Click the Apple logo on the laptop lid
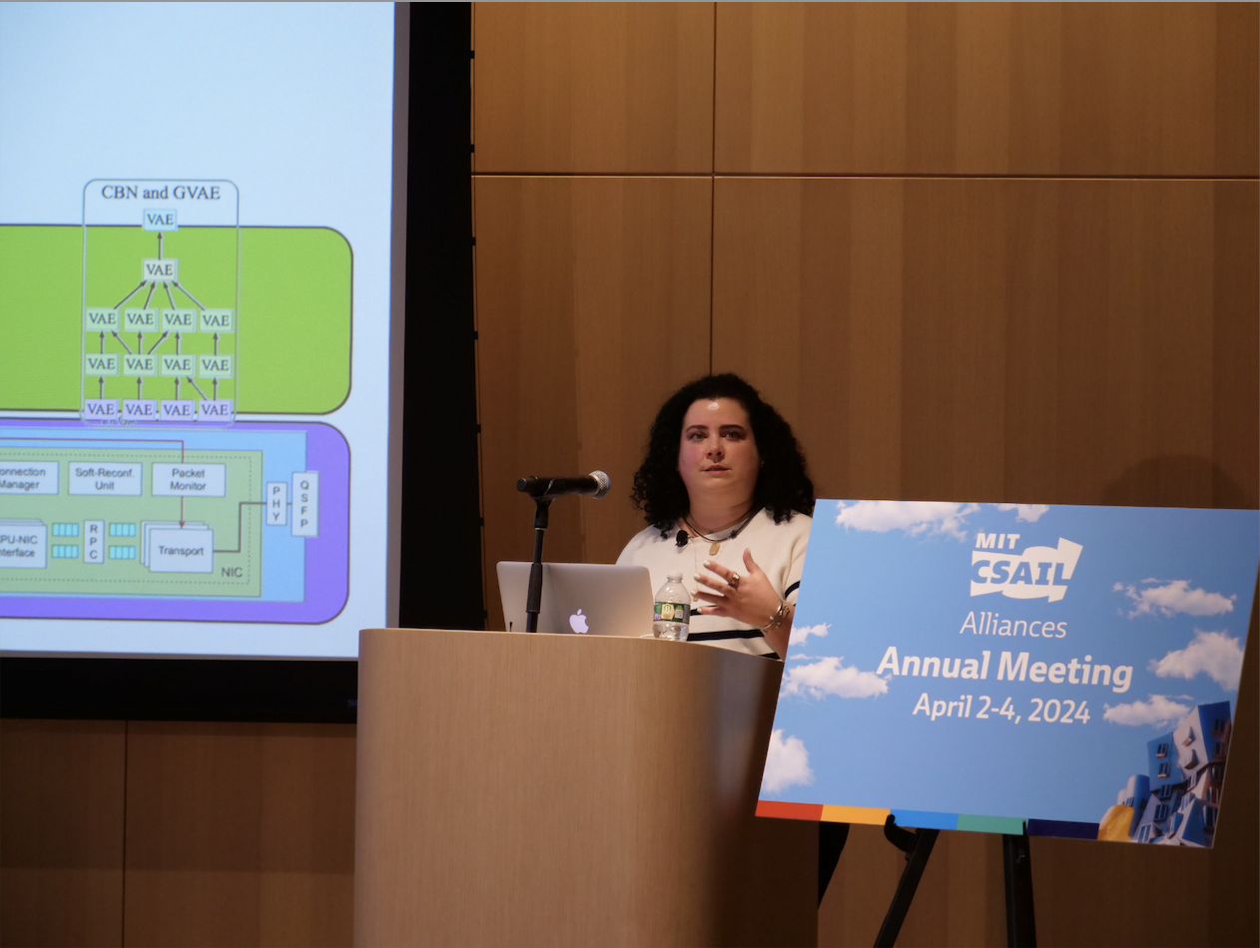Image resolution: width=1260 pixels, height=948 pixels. tap(579, 621)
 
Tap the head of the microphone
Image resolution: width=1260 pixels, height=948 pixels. tap(597, 484)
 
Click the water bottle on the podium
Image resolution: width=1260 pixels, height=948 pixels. tap(672, 609)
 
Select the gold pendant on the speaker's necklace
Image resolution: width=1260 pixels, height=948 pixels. tap(715, 547)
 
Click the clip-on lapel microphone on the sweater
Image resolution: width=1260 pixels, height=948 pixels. tap(682, 538)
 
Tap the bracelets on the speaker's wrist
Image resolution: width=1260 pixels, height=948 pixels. tap(775, 617)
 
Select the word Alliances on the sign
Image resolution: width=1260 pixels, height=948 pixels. tap(1012, 626)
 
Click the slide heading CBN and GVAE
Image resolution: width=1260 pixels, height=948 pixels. tap(160, 193)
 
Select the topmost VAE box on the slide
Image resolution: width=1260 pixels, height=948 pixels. tap(160, 219)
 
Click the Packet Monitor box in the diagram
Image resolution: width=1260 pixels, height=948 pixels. tap(188, 479)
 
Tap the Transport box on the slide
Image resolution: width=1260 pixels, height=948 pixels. tap(180, 550)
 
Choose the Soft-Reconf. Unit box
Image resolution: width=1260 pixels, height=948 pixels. tap(105, 479)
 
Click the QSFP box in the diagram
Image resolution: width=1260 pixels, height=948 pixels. tap(305, 504)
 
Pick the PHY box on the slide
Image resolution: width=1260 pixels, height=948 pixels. tap(276, 504)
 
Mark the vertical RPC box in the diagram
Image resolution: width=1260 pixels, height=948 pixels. tap(94, 542)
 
